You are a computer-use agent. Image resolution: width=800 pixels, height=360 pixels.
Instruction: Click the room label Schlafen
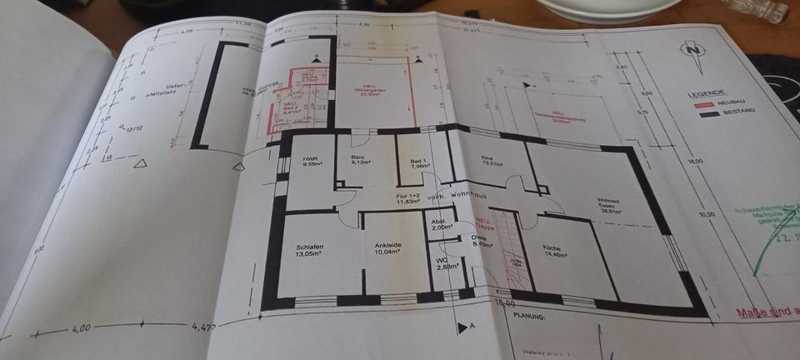pos(308,247)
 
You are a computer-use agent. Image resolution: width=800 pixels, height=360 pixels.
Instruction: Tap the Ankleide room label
pos(387,247)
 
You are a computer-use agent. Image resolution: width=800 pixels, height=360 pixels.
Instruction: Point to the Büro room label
pos(360,158)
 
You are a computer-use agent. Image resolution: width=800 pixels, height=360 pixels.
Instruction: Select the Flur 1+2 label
pos(406,196)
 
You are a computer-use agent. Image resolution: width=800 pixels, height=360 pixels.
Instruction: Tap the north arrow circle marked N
pos(691,51)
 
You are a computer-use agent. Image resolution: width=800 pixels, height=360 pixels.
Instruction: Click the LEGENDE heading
pos(703,94)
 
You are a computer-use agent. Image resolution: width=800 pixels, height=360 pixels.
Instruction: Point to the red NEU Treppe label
pos(486,222)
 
